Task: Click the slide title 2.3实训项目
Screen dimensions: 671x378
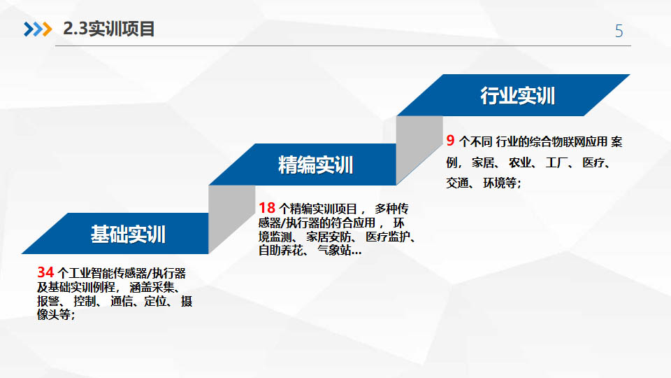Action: [109, 29]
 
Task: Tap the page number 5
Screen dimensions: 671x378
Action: [619, 31]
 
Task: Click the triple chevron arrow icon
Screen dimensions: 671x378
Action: [38, 29]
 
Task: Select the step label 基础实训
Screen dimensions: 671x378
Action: [128, 234]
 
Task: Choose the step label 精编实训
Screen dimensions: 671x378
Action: [315, 165]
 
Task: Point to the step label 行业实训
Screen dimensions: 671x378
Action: [517, 96]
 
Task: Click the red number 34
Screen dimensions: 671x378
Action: [45, 272]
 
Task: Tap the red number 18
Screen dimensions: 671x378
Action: [266, 208]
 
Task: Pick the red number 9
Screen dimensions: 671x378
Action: [450, 140]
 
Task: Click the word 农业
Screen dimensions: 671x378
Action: [519, 162]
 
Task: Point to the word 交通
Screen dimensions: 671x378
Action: [457, 183]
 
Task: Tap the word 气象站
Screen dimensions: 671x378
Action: [334, 250]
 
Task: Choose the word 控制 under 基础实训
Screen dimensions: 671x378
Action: [85, 301]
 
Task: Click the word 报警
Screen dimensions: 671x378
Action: [48, 301]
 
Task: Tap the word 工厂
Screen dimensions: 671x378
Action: [556, 162]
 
